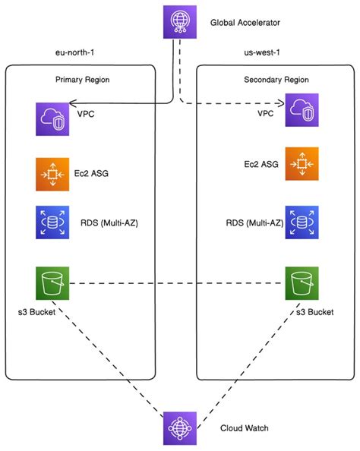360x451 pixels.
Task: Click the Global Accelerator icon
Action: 180,22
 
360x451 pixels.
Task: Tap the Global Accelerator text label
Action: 246,23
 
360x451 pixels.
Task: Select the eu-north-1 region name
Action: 67,53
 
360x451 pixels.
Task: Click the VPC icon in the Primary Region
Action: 52,119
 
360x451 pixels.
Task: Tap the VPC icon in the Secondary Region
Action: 301,112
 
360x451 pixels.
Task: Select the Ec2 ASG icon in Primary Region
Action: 52,174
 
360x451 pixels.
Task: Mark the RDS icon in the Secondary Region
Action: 301,222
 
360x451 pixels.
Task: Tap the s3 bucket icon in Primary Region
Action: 52,283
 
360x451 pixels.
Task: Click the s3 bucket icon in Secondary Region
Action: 301,283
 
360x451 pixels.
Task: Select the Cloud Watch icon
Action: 180,428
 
